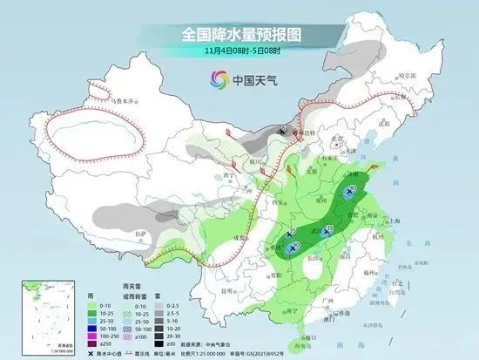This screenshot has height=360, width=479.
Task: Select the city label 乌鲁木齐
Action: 122,102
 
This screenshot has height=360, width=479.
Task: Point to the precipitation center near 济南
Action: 350,190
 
